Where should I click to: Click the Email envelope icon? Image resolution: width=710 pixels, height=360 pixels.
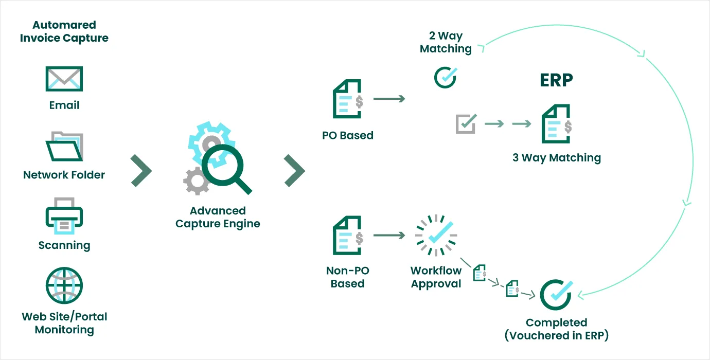[x=64, y=79]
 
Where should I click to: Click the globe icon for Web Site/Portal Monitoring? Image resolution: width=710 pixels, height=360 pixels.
[x=64, y=286]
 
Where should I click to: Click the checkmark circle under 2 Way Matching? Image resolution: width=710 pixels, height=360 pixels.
[x=445, y=77]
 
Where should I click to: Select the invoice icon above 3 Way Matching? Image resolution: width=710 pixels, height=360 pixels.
[x=556, y=124]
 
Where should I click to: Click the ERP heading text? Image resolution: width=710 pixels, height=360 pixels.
[x=556, y=81]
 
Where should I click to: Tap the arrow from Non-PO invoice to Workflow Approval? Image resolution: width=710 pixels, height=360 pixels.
[x=389, y=235]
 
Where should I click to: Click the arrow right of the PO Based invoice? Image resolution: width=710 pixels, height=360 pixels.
[x=389, y=98]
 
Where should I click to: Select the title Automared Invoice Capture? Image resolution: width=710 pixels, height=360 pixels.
[x=64, y=31]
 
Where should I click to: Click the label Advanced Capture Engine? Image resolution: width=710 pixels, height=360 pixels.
[x=218, y=217]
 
